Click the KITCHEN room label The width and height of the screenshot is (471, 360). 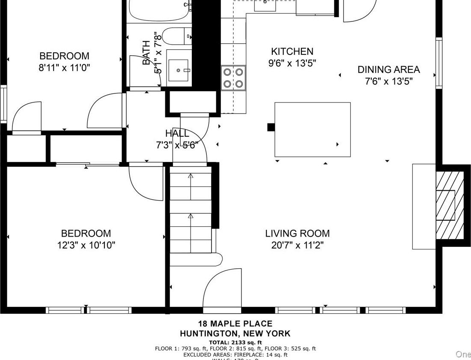pos(292,51)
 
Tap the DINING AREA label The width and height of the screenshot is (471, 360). pos(389,69)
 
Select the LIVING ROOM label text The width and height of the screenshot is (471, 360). pos(297,234)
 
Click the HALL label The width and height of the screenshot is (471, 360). pos(177,133)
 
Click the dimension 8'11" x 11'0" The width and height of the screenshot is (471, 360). pos(64,68)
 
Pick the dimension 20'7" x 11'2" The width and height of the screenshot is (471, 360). pos(297,245)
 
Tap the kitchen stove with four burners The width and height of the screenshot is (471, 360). pos(233,78)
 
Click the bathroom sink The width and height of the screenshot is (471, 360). pos(178,70)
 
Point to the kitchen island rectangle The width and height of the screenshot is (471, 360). pos(312,129)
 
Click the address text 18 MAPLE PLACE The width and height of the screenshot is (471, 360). pos(235,324)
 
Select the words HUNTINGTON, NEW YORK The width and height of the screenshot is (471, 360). pos(235,333)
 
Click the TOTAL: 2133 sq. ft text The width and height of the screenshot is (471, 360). pos(235,342)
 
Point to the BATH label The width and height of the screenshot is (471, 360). pos(146,52)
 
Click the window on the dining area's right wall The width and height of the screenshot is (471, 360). pos(438,63)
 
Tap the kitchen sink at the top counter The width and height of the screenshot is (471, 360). pos(265,5)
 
